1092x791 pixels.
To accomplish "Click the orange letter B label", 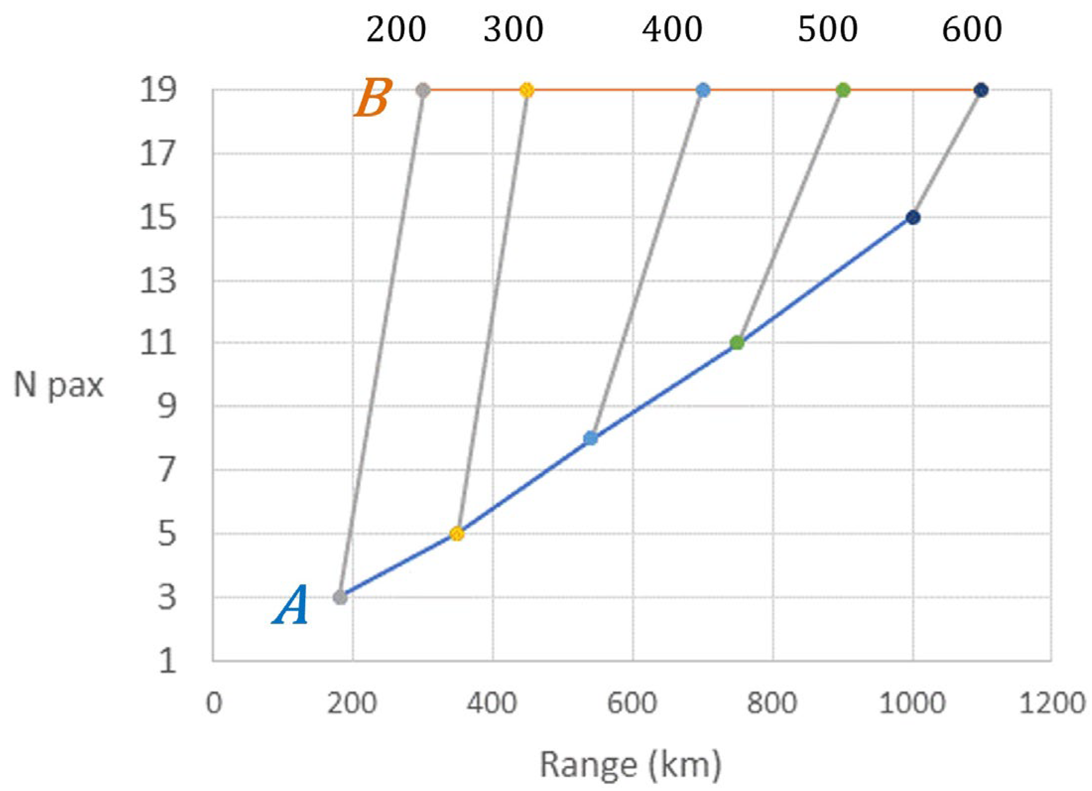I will pos(373,98).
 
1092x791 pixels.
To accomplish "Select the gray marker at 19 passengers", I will pos(422,90).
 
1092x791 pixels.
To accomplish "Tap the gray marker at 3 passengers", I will pos(340,597).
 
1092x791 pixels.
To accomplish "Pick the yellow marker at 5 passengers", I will pos(457,534).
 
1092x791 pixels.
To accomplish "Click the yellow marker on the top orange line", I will pos(527,90).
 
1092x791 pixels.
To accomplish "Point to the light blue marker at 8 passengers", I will pos(590,438).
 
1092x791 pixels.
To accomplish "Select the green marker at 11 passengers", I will pos(737,342).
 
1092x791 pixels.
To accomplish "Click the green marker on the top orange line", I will pos(843,90).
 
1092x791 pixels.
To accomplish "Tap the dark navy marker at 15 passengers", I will pos(913,217).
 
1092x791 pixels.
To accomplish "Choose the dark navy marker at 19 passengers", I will pos(981,90).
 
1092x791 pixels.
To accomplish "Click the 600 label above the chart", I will pos(972,30).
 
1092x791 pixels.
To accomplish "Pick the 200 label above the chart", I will pos(396,30).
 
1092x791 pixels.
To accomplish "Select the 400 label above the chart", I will pos(672,30).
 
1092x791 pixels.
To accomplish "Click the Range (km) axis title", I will pos(630,765).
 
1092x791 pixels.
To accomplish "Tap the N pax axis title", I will pos(59,385).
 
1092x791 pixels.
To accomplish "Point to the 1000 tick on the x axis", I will pos(912,703).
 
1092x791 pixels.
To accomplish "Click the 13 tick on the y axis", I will pos(158,281).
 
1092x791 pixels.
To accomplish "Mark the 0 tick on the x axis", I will pos(214,703).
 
